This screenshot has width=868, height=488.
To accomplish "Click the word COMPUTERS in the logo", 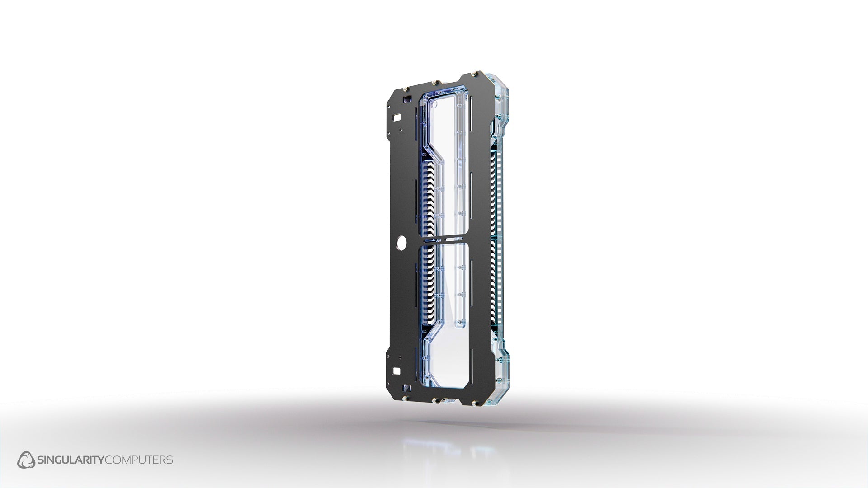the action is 139,460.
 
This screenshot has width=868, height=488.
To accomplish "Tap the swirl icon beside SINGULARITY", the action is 26,460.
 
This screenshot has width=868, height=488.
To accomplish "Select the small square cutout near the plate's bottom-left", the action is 397,371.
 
